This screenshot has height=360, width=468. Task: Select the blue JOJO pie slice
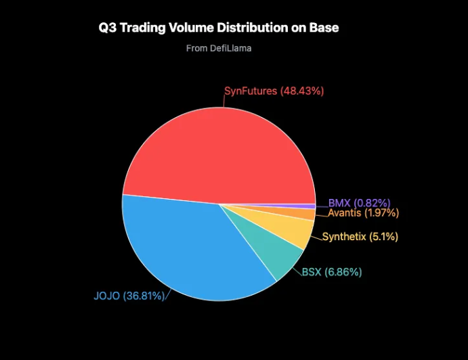click(190, 250)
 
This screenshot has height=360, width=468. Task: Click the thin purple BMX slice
click(308, 206)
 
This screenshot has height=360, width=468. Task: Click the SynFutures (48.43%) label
click(274, 91)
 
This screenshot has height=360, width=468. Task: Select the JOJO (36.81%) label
click(129, 296)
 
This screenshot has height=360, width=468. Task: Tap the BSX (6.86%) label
click(331, 272)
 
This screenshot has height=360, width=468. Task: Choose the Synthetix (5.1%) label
click(360, 237)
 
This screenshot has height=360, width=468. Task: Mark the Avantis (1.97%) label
click(363, 213)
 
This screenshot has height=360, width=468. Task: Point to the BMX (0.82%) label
click(359, 202)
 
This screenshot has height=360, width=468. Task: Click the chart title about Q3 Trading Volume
click(218, 28)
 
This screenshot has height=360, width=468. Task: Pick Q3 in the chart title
click(107, 28)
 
